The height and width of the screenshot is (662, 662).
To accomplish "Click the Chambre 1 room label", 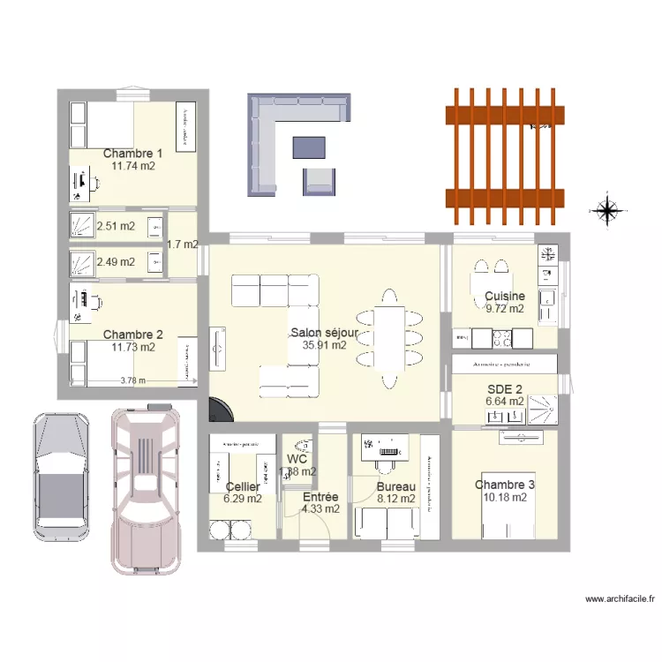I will coord(132,153).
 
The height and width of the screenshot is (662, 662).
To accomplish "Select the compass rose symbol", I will coord(607,211).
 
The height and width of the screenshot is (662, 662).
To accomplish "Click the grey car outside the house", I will coord(62,475).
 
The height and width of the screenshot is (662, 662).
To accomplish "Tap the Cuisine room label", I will coord(505,297).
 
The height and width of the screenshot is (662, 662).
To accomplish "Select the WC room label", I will coord(297,459).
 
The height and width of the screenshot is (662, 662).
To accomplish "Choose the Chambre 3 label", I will coord(505,485).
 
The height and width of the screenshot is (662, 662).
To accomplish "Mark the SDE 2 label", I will coord(505,387).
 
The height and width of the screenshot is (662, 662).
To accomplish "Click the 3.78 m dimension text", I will coord(133,381).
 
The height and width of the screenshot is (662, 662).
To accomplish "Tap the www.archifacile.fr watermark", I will coord(621,598).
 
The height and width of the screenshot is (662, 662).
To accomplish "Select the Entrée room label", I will coord(320,497).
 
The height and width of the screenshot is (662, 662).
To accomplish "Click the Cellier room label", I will coord(243,486).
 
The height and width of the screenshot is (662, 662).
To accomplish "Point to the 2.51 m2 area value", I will coord(116,226).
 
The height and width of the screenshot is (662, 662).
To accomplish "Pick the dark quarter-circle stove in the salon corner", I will coord(218,410).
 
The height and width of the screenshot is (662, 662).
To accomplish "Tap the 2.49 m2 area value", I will coord(116,261).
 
